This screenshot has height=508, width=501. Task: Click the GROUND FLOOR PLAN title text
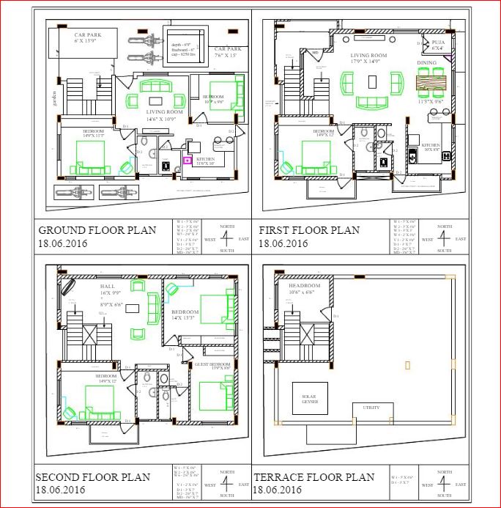(97, 230)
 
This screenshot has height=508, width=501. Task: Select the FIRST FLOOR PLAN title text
(309, 230)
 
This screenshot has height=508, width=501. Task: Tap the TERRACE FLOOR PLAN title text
(313, 477)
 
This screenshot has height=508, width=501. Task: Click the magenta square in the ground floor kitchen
(187, 159)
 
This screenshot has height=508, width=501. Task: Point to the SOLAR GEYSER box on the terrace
(309, 398)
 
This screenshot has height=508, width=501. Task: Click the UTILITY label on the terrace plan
(371, 408)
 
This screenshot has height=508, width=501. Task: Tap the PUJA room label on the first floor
(438, 43)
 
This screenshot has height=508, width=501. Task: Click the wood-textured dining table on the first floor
(430, 83)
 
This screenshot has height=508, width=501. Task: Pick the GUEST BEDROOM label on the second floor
(212, 364)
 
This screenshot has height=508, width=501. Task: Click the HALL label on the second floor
(107, 286)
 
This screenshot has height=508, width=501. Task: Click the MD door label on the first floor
(315, 53)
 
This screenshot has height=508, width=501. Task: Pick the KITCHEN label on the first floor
(431, 145)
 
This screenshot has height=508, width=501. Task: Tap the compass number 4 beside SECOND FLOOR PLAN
(227, 484)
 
